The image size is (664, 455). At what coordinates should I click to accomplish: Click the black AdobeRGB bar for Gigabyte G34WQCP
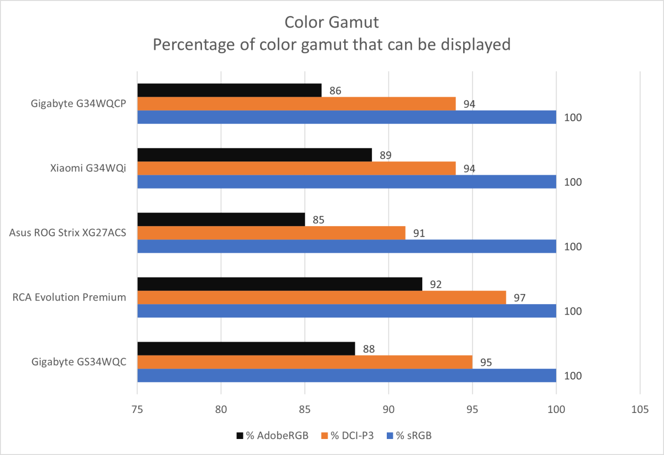(x=229, y=90)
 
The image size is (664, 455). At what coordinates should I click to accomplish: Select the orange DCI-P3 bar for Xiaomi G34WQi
(x=296, y=169)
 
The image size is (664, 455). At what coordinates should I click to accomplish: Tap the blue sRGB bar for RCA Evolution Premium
(x=346, y=311)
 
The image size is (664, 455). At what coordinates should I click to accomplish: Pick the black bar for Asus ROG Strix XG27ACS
(x=221, y=219)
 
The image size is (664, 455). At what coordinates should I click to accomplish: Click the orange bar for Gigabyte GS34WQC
(x=304, y=362)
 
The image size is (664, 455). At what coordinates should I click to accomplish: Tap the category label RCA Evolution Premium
(x=70, y=297)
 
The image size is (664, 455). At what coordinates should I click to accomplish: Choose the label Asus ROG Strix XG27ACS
(x=68, y=233)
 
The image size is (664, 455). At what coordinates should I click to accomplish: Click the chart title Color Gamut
(x=331, y=22)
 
